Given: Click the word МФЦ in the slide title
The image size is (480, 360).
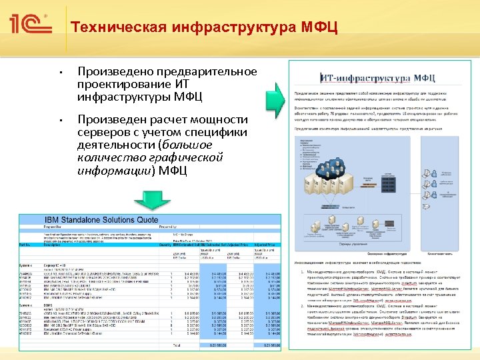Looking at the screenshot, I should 319,28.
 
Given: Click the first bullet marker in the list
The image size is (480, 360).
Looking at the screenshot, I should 59,72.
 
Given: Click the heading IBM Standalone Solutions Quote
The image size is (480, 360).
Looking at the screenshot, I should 101,220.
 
